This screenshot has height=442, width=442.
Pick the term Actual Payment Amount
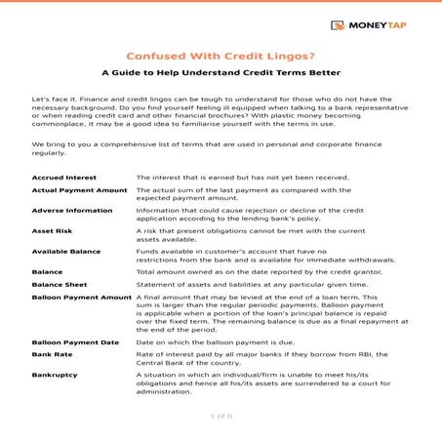tap(80, 193)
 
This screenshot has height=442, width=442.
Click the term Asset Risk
tap(54, 232)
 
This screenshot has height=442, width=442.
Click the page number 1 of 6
tap(221, 417)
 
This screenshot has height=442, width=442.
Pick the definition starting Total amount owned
tap(255, 269)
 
